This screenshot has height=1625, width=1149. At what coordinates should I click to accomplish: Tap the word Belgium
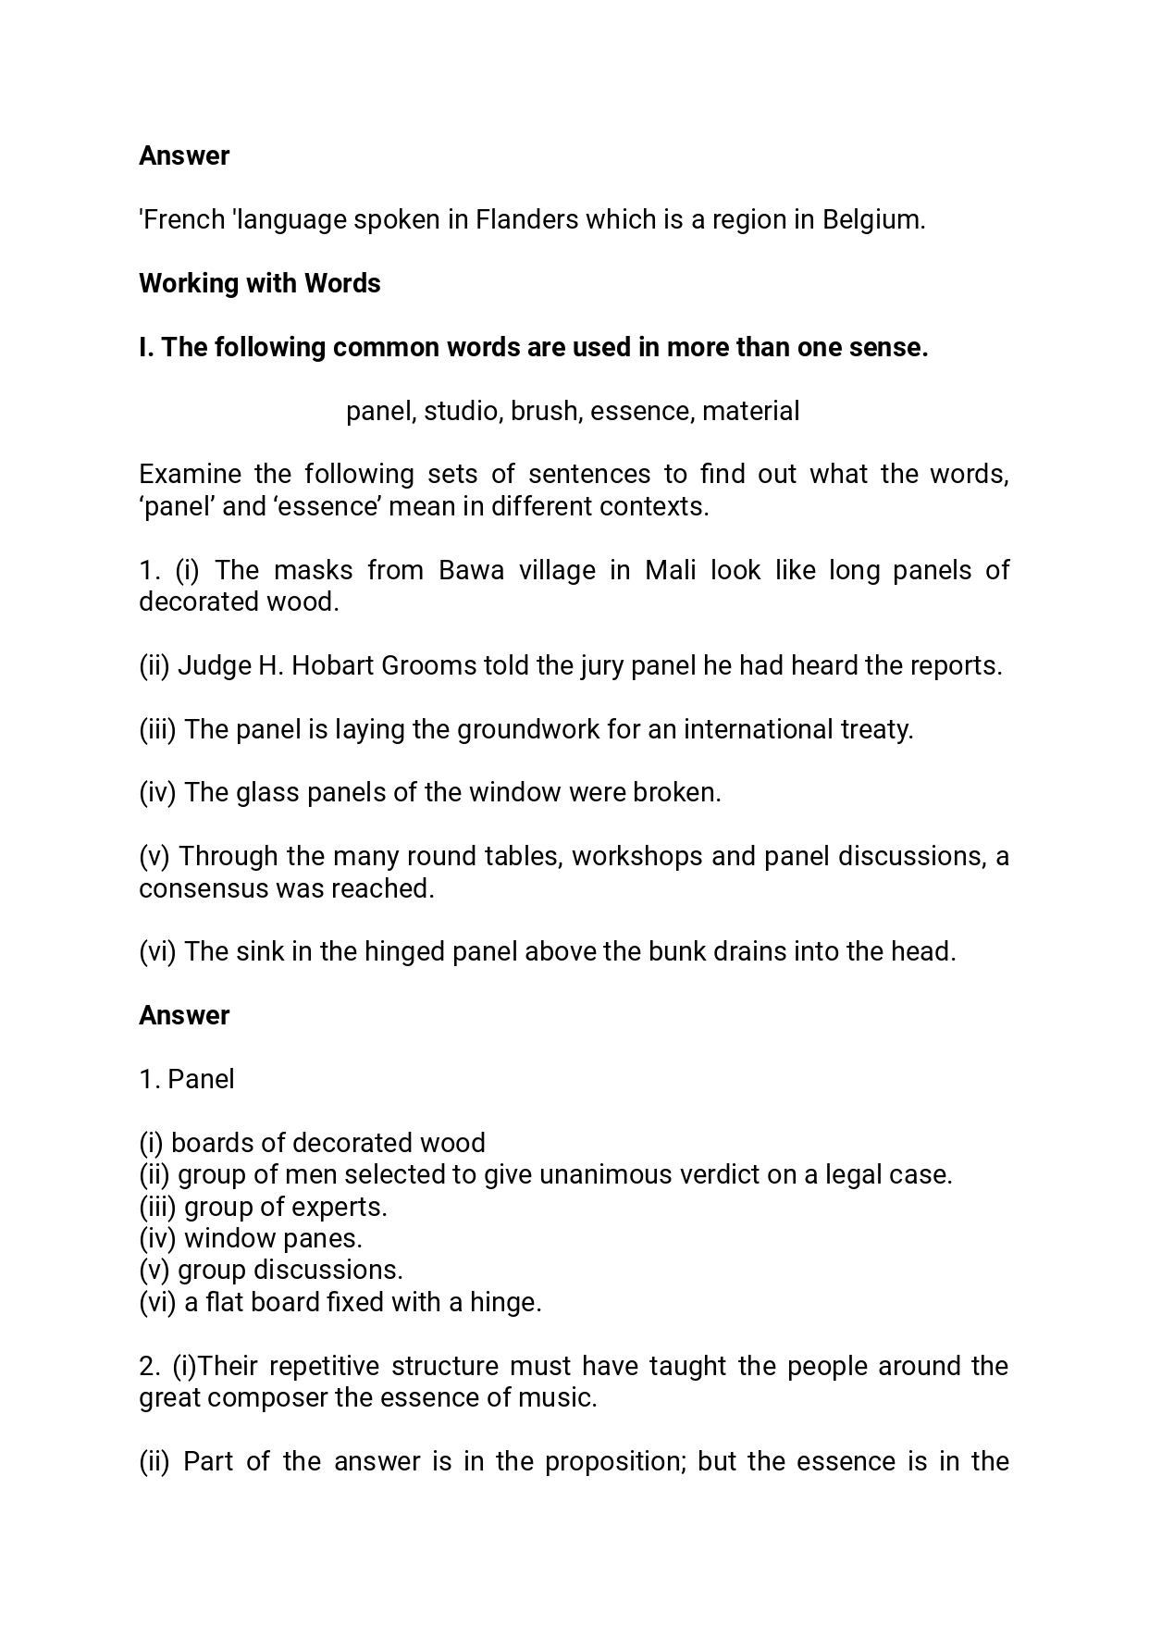[x=872, y=220]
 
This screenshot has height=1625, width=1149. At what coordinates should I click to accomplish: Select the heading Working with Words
[x=259, y=283]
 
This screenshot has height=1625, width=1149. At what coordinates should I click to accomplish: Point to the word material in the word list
[x=750, y=411]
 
